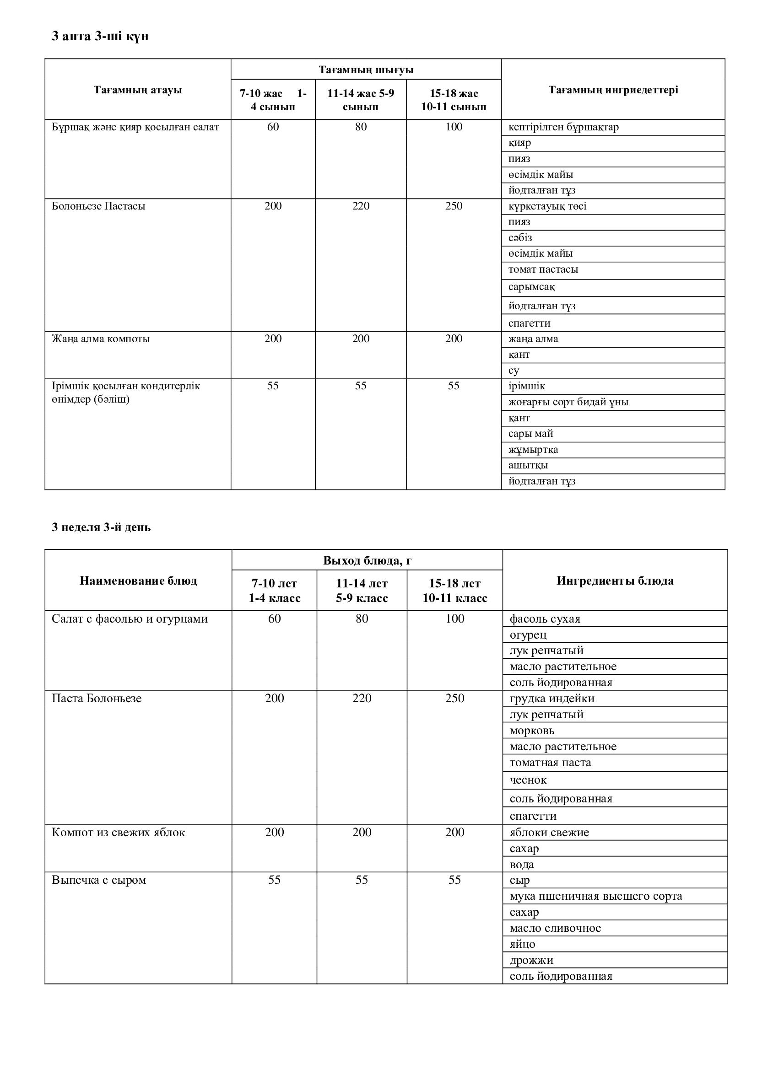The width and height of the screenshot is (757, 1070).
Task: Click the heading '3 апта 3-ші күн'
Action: pos(100,36)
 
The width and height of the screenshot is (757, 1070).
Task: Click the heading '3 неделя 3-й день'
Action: pos(101,527)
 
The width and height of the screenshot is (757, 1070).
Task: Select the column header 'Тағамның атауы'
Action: pos(137,90)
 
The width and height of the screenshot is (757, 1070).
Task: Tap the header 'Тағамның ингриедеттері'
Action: pos(613,90)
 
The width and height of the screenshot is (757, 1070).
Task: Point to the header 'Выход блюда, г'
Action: pos(367,560)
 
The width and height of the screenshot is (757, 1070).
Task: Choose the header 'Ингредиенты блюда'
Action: pos(615,581)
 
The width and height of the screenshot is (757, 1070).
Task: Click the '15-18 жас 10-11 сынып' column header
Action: pos(454,100)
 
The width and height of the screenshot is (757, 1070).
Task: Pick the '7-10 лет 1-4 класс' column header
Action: pos(274,591)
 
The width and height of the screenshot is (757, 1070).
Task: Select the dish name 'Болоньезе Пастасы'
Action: pos(98,206)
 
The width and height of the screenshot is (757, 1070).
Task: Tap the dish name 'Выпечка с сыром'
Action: pos(99,880)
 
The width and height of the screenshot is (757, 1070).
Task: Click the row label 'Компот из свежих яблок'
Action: pos(119,832)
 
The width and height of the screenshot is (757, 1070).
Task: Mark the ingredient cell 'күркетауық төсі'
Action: pos(547,206)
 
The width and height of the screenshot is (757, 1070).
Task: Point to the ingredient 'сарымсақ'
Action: pos(531,287)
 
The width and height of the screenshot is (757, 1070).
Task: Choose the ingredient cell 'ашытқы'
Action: pos(528,465)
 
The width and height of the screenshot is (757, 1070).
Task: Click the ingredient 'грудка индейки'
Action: pos(552,698)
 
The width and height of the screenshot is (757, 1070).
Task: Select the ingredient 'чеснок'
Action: pos(528,780)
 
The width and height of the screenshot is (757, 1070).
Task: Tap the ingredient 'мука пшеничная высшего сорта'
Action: pos(596,896)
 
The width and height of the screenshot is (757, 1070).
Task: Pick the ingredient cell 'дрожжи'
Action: pos(531,960)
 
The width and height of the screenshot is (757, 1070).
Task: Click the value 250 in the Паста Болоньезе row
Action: pos(454,698)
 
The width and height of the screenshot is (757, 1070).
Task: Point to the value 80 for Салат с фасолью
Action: pos(362,618)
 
